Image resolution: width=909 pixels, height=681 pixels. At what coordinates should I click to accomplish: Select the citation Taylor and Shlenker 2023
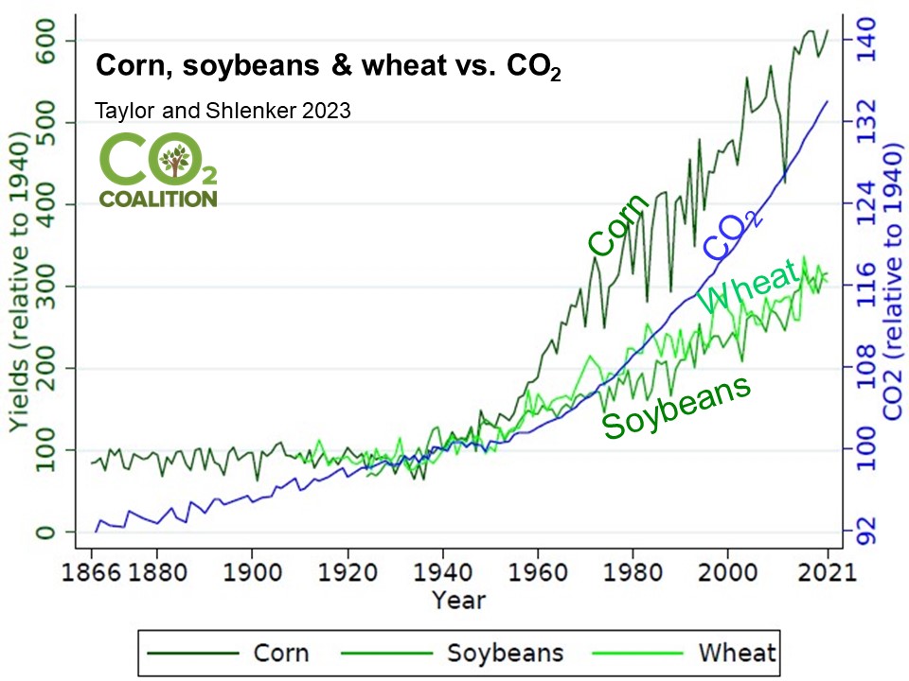click(x=223, y=111)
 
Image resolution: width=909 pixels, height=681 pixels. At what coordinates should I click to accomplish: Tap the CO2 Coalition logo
click(x=159, y=171)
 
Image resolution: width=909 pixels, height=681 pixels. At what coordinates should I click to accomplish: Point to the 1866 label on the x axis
click(x=92, y=572)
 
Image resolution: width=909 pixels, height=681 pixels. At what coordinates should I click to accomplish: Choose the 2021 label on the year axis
click(x=828, y=572)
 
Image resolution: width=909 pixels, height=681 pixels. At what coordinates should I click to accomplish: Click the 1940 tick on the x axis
click(x=442, y=572)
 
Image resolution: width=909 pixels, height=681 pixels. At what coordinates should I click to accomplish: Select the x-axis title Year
click(x=458, y=601)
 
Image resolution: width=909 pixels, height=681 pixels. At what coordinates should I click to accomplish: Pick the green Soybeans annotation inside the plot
click(x=677, y=407)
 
